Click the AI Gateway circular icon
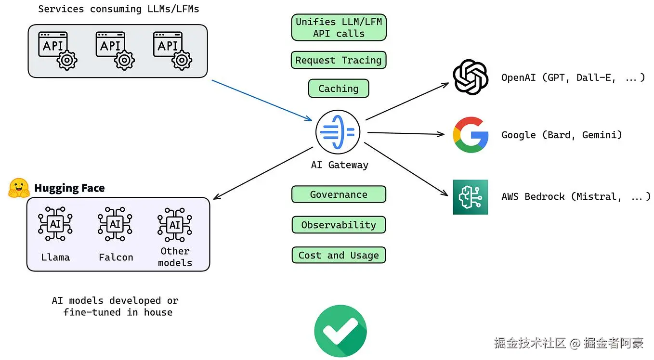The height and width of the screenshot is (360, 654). coord(338,132)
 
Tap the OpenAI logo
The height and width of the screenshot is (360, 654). coord(471,77)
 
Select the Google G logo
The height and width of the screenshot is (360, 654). coord(471,135)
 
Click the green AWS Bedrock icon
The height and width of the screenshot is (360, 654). coord(471,197)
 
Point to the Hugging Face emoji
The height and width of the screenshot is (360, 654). coord(19,188)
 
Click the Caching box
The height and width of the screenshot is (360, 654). coord(339,89)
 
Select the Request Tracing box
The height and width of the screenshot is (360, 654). coord(339,60)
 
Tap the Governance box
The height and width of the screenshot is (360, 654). coord(339,194)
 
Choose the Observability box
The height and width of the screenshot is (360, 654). coord(339,225)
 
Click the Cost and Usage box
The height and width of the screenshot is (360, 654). coord(339,255)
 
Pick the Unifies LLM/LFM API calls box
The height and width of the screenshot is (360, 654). coord(339,27)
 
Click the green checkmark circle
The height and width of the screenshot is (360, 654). coord(340,331)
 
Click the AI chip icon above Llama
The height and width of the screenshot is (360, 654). coord(55,224)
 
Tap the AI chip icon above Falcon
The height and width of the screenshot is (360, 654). coord(115,224)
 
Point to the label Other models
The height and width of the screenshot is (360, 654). coord(175,257)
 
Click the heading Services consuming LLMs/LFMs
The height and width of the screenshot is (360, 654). coord(118,9)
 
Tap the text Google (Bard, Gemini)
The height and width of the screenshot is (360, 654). coord(562,135)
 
